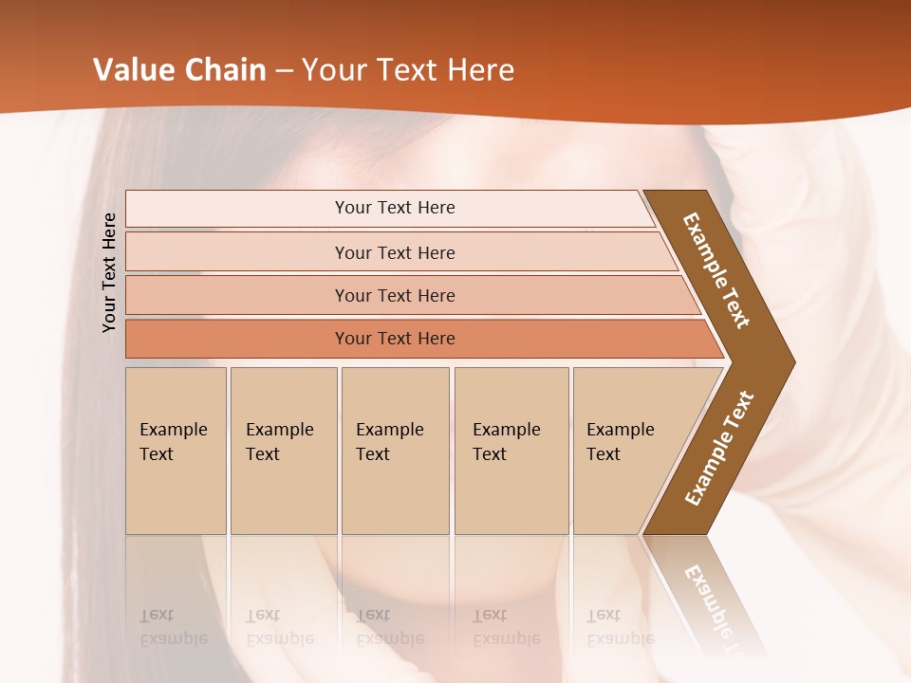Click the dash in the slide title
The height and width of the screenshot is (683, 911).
tap(284, 71)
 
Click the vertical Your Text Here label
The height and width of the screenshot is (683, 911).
tap(109, 272)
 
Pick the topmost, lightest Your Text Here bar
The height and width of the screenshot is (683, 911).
tap(394, 208)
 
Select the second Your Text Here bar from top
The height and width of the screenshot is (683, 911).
tap(394, 252)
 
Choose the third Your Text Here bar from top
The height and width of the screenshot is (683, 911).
tap(394, 295)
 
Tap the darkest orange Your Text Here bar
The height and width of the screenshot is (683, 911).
tap(394, 339)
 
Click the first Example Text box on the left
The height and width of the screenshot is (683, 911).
tap(176, 451)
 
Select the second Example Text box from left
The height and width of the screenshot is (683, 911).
tap(284, 451)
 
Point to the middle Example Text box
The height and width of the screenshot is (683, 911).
tap(395, 451)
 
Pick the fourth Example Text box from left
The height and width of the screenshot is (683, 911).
tap(511, 451)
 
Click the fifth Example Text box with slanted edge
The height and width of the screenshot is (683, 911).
tap(626, 451)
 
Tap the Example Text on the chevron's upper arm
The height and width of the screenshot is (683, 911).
tap(716, 270)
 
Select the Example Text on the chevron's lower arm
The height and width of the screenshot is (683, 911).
tap(719, 448)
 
